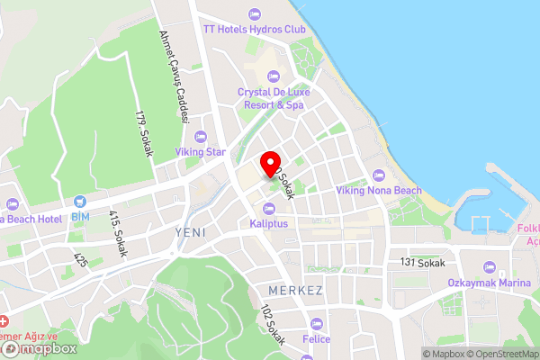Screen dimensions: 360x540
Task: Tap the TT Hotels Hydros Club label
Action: coord(254,28)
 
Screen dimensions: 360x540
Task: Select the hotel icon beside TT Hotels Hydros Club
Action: coord(254,13)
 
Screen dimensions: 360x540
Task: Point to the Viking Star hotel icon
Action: coord(200,137)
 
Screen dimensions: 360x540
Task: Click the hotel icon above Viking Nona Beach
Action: coord(379,175)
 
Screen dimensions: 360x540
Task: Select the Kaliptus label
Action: coord(269,223)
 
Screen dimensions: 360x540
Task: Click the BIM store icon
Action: coord(81,202)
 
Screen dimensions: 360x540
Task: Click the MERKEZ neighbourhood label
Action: coord(295,291)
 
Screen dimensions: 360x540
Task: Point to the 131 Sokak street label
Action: coord(423,261)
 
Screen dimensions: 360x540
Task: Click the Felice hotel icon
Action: coord(316,324)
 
